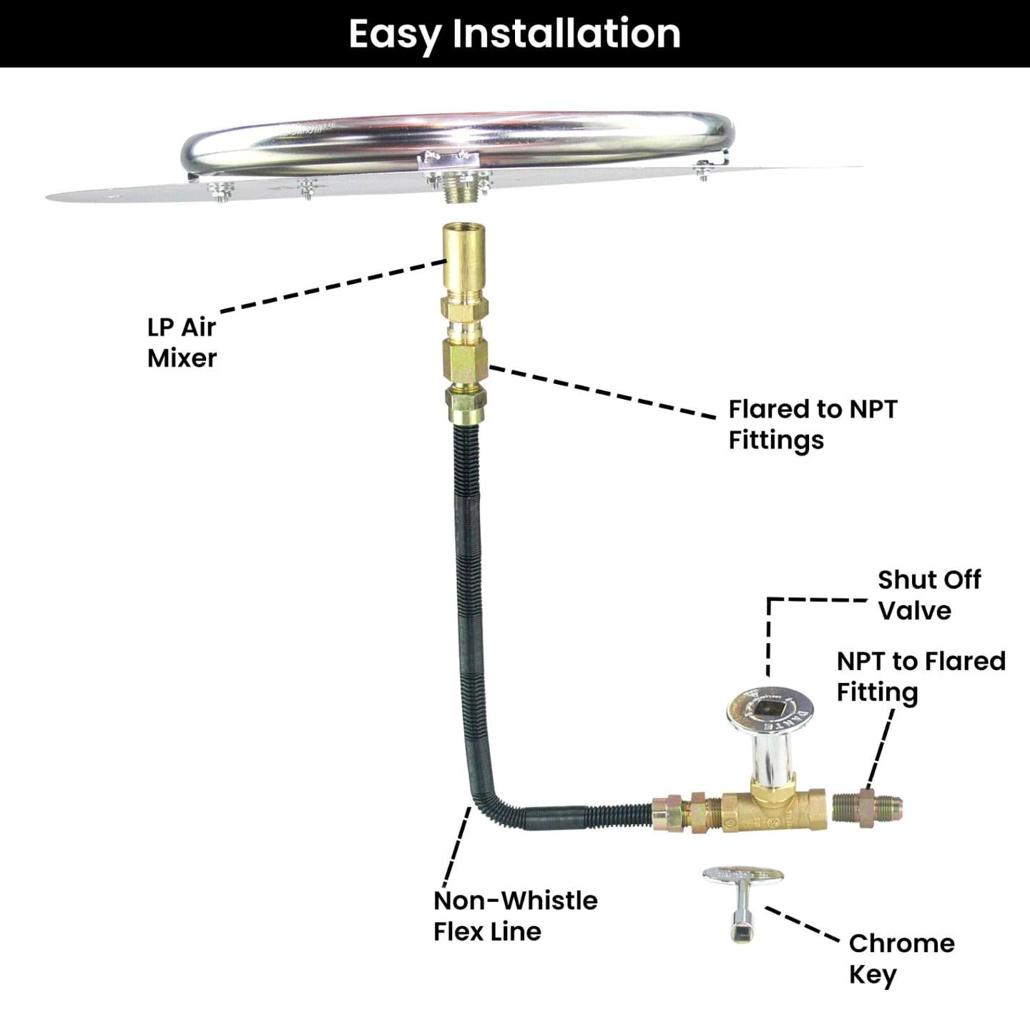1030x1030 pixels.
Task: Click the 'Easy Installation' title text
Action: (x=515, y=34)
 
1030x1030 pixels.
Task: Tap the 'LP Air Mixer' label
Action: (x=182, y=343)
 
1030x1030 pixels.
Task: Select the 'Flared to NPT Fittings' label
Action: (x=813, y=425)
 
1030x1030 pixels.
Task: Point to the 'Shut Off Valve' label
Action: (x=929, y=595)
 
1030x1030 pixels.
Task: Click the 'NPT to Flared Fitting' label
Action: (x=921, y=677)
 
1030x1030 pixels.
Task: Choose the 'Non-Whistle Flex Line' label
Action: (x=515, y=916)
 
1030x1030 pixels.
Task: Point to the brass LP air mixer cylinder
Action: (x=464, y=262)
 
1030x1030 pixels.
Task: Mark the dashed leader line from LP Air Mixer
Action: (x=333, y=286)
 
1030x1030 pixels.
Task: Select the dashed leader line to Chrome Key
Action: (x=803, y=924)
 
